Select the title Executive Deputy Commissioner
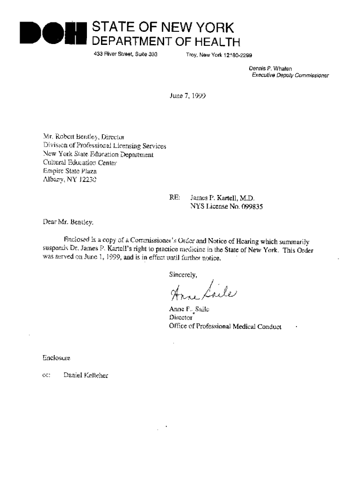tap(290, 75)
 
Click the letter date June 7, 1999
tap(187, 96)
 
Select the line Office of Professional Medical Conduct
tap(225, 327)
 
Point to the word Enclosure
tap(56, 358)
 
